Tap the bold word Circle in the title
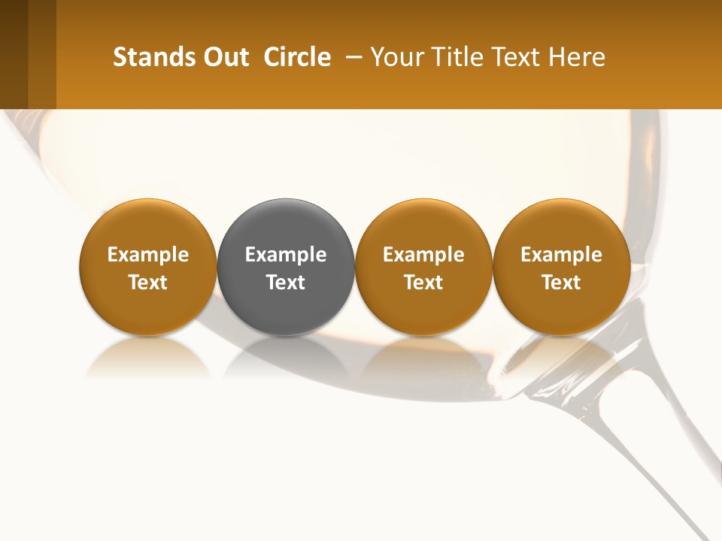(x=297, y=57)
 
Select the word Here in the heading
(x=577, y=57)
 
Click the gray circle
(x=286, y=225)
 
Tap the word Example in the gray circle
(x=286, y=255)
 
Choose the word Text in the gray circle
(x=286, y=283)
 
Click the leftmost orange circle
(x=148, y=225)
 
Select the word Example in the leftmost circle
(x=148, y=255)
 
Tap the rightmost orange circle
(x=561, y=225)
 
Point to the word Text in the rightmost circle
(x=561, y=283)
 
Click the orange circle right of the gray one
(x=423, y=225)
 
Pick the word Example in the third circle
(x=423, y=255)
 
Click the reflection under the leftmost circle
(x=148, y=356)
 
